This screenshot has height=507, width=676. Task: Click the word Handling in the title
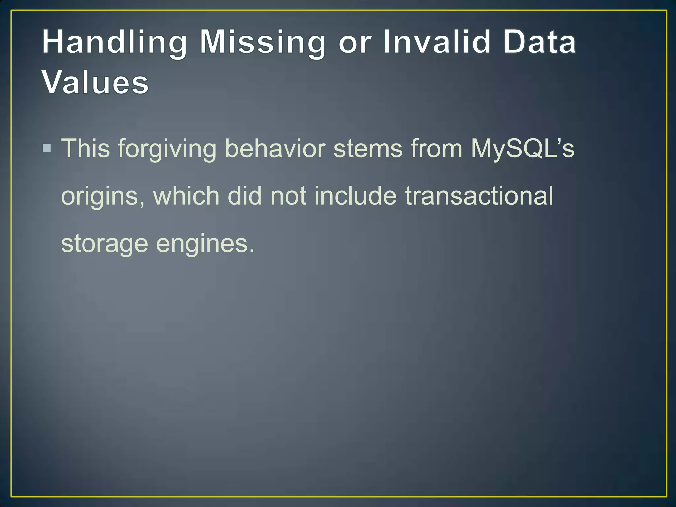[114, 42]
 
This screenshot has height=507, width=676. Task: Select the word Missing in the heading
[263, 42]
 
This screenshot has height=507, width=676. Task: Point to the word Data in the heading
[540, 42]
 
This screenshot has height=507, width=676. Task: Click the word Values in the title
[95, 83]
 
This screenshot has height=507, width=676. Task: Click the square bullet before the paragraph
[47, 148]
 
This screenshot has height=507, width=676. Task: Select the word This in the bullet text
[86, 149]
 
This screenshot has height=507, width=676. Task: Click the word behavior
[275, 149]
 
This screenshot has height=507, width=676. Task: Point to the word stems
[368, 149]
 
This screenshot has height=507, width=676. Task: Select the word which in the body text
[186, 196]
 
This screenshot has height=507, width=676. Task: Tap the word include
[355, 196]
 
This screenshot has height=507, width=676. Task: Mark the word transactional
[479, 196]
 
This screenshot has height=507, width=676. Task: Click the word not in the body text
[288, 196]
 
